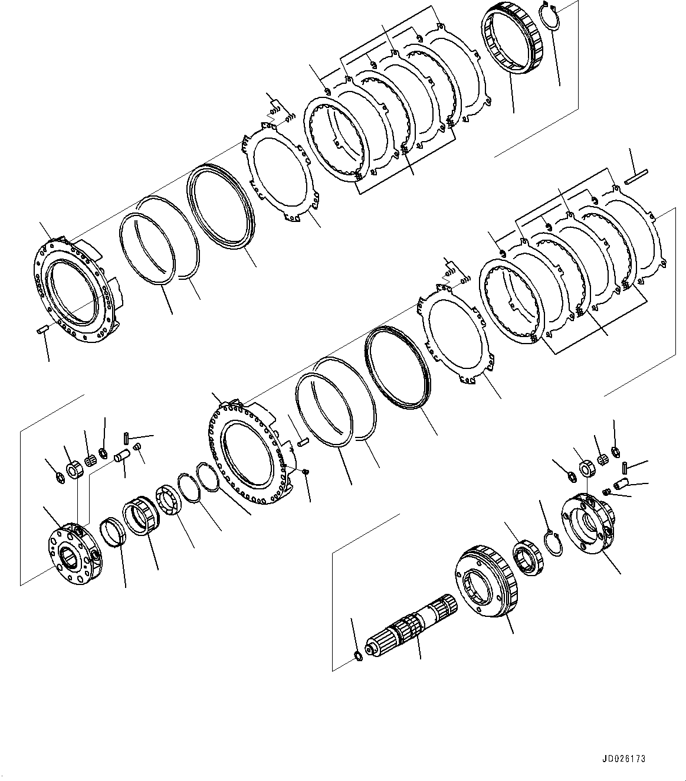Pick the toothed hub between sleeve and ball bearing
click(x=142, y=515)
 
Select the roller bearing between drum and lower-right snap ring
click(x=527, y=558)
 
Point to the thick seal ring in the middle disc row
click(x=399, y=366)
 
